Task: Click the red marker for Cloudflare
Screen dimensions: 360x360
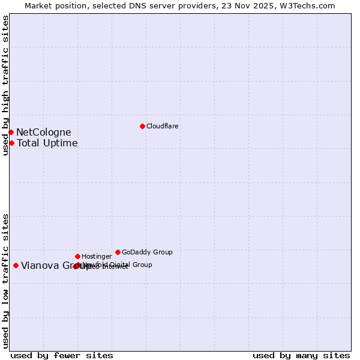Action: click(x=142, y=126)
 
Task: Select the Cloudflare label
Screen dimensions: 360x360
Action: click(x=163, y=126)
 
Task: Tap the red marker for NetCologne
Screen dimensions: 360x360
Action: click(x=11, y=132)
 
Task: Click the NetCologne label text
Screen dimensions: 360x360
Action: click(x=43, y=133)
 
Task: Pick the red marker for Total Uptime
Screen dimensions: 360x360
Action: click(x=11, y=143)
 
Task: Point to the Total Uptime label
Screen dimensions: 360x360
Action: click(x=47, y=143)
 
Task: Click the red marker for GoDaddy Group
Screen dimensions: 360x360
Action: click(x=118, y=252)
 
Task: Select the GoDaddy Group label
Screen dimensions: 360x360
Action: click(x=147, y=252)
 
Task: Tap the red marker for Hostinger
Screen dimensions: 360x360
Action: click(x=77, y=256)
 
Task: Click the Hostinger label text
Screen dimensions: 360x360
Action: click(x=97, y=256)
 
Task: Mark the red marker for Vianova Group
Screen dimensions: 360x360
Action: click(x=16, y=265)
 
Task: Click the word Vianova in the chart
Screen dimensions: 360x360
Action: click(x=40, y=266)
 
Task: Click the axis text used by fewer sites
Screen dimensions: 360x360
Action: click(x=62, y=355)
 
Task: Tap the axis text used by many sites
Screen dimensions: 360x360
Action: click(x=301, y=355)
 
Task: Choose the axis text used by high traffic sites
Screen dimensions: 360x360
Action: click(x=6, y=85)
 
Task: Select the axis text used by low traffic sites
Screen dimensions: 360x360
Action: click(x=6, y=280)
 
